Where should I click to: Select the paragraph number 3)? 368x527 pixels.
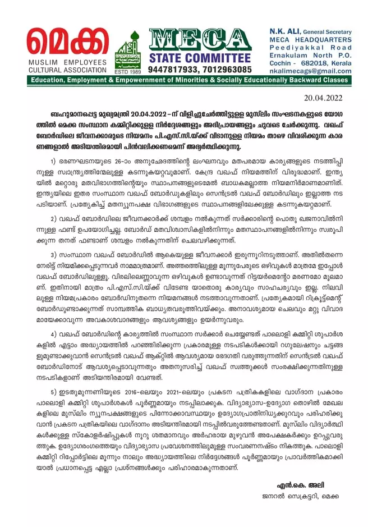click(x=54, y=254)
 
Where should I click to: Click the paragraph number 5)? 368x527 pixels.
click(x=54, y=406)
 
